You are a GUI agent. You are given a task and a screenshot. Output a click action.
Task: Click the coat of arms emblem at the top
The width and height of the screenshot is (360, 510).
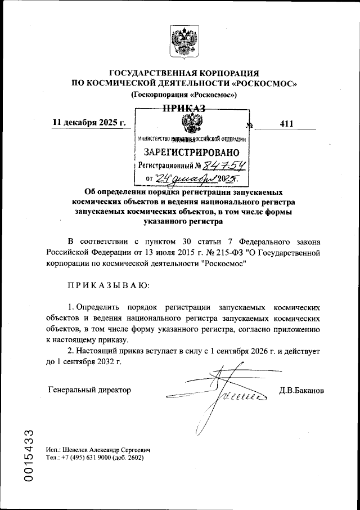click(x=183, y=43)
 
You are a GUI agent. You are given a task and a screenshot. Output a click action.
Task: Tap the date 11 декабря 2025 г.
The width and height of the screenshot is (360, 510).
click(x=89, y=123)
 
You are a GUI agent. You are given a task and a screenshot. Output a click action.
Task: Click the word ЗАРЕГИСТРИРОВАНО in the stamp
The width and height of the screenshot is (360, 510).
click(x=192, y=152)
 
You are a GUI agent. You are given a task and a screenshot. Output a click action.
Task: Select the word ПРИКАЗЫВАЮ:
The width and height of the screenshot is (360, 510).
click(x=109, y=285)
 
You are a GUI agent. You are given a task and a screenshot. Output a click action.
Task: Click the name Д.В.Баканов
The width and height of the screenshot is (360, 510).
click(x=301, y=390)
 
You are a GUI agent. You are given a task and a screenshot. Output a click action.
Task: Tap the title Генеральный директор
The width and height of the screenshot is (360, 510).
click(x=89, y=390)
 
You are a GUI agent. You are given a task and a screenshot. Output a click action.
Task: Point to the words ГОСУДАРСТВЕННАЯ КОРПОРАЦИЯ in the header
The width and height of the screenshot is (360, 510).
click(x=183, y=73)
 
